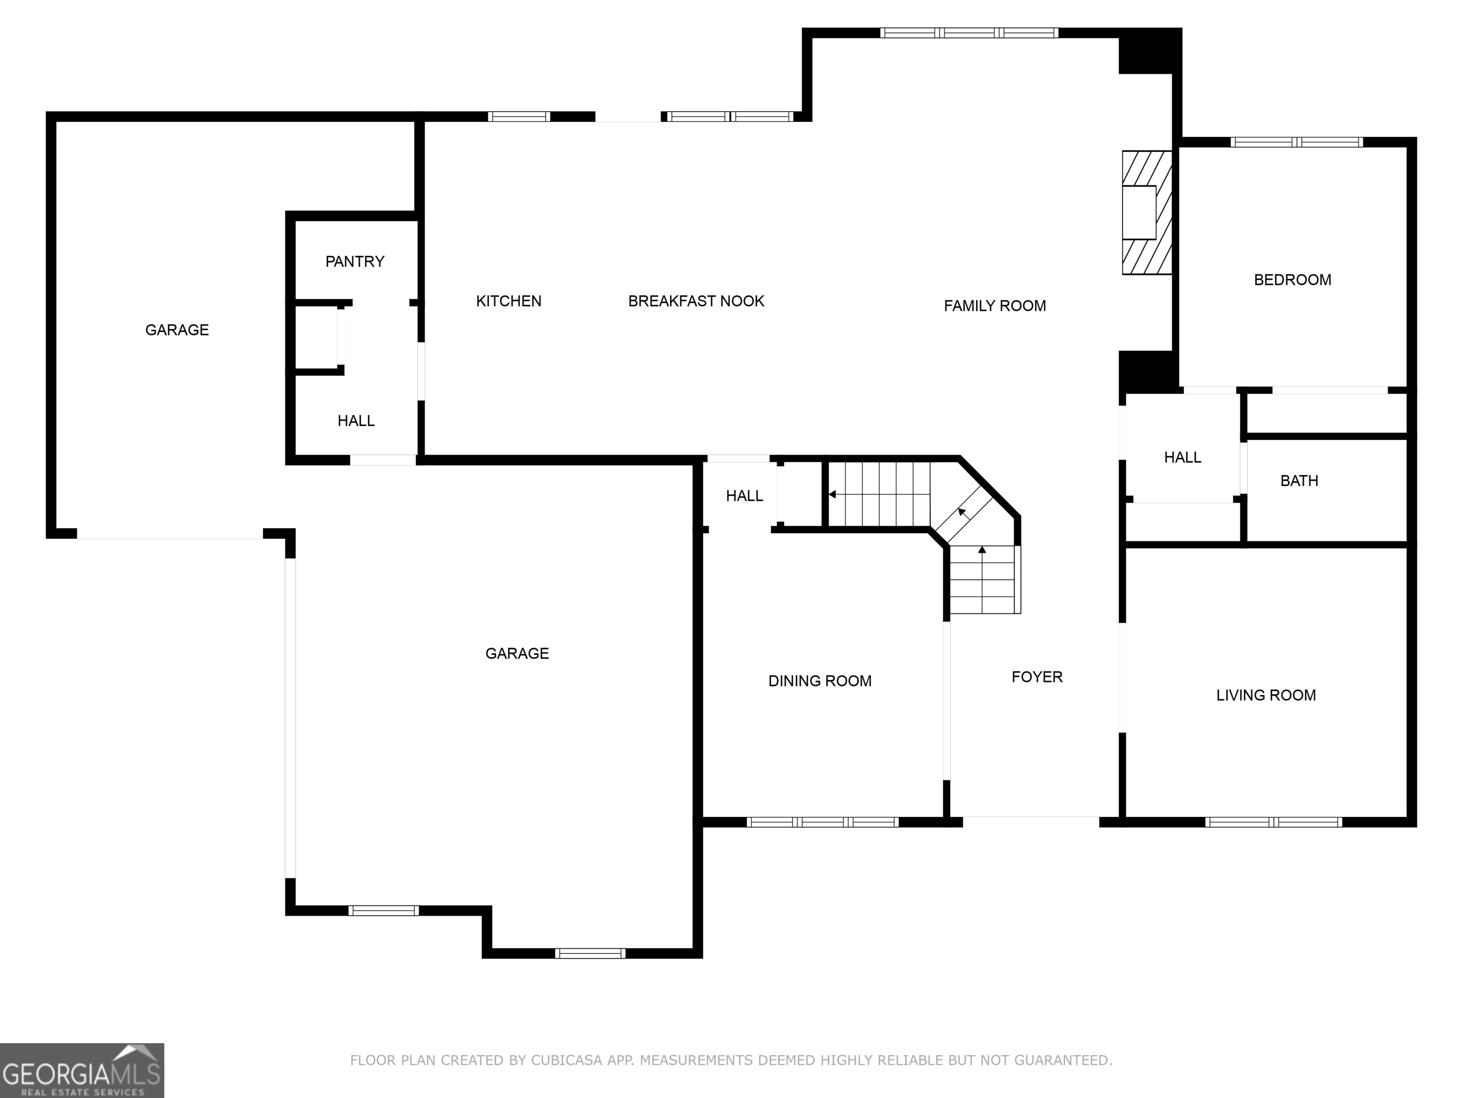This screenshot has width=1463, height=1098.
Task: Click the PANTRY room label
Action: [x=354, y=262]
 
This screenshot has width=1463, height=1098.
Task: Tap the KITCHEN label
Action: [x=509, y=301]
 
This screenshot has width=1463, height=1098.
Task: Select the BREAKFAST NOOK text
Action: [x=696, y=301]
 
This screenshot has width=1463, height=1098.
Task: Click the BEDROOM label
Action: [x=1293, y=280]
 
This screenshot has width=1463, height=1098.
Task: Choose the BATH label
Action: [x=1299, y=481]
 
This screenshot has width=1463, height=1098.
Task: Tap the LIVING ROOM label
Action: [x=1266, y=695]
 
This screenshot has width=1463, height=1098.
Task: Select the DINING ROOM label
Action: [x=820, y=681]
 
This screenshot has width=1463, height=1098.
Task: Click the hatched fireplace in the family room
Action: [x=1147, y=213]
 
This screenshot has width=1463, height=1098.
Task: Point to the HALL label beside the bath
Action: [x=1182, y=457]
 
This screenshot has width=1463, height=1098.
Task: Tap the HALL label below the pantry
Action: [x=356, y=421]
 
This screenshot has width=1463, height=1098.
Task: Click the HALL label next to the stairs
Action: [x=744, y=496]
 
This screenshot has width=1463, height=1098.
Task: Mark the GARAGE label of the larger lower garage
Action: [x=517, y=653]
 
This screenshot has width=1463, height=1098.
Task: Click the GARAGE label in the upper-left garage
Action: [x=177, y=330]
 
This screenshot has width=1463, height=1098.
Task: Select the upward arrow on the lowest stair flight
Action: [x=982, y=550]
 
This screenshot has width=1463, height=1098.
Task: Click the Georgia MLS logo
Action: [x=81, y=1070]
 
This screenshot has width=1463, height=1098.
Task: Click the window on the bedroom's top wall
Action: [x=1296, y=142]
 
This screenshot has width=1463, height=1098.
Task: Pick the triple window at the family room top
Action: [x=969, y=32]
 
